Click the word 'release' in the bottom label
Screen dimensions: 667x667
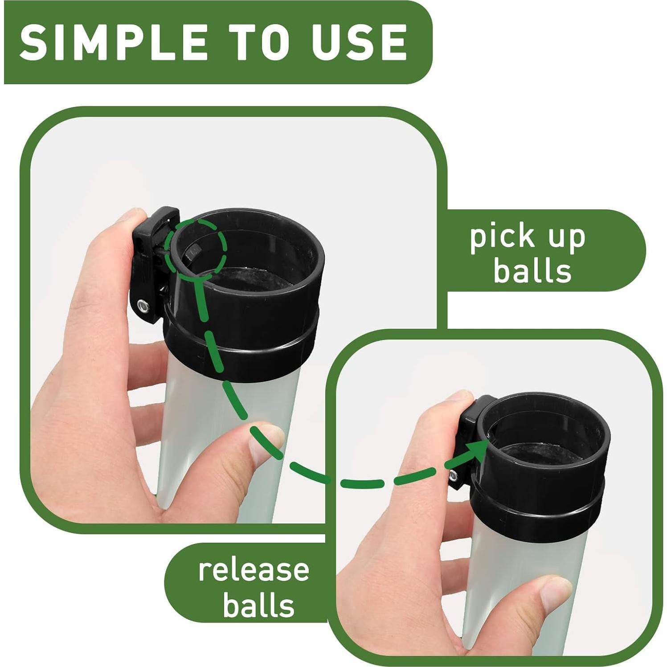point(254,570)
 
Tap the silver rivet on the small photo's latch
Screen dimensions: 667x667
point(454,476)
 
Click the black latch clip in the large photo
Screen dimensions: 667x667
point(154,250)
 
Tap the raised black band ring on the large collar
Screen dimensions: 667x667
point(243,352)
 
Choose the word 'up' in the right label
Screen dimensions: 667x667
point(566,237)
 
